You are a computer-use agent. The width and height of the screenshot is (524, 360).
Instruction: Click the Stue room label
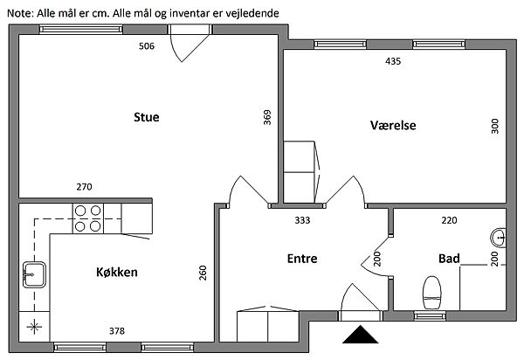tap(147, 118)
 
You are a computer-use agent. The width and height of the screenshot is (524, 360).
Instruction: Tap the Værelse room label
tap(393, 125)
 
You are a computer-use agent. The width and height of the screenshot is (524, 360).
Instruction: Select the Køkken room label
tap(117, 273)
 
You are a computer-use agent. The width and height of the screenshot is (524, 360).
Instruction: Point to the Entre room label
tap(301, 259)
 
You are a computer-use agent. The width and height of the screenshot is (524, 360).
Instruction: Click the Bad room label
tap(449, 259)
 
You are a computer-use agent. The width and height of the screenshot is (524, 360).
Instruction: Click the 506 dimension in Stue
tap(147, 46)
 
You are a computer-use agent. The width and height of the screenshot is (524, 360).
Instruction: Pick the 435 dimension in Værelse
tap(393, 61)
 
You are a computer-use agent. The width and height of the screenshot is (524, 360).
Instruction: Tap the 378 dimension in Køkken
tap(117, 330)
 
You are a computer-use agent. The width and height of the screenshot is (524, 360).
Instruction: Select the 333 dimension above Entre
tap(301, 220)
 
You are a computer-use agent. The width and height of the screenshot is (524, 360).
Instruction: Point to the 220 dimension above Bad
tap(449, 220)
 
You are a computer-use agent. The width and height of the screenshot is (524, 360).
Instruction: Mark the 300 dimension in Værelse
tap(494, 126)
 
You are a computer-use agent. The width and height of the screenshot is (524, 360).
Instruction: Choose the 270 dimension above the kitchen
tap(85, 187)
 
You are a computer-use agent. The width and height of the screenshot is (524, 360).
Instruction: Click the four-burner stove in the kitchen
tap(87, 218)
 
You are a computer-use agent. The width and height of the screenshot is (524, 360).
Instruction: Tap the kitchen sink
tap(32, 274)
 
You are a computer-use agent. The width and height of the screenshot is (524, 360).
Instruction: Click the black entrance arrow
tap(360, 335)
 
